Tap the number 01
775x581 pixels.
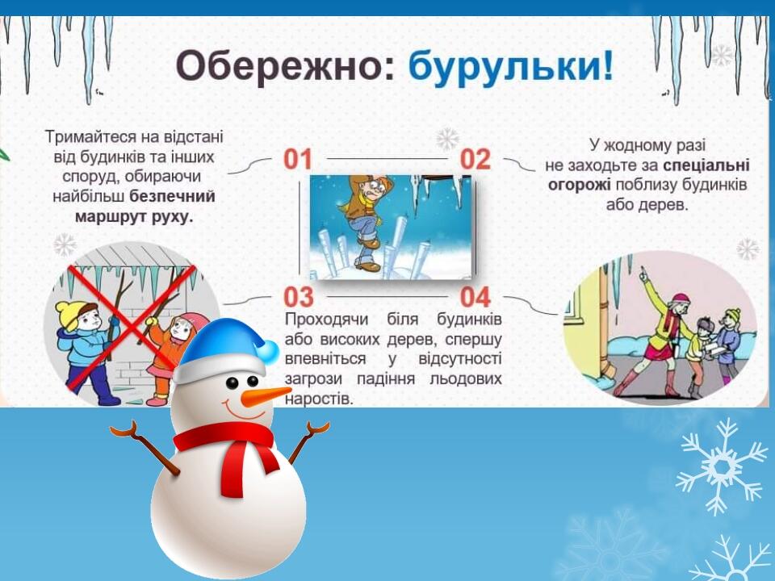tap(298, 159)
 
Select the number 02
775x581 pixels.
tap(475, 159)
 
